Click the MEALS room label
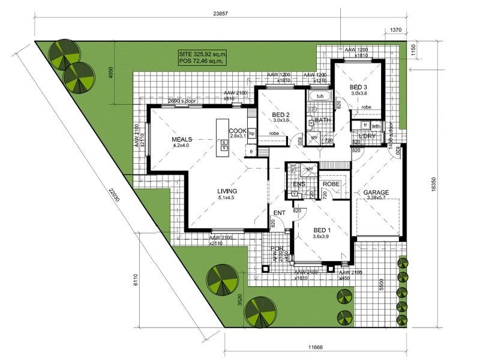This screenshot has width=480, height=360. [x=181, y=139]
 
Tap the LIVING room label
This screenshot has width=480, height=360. [x=228, y=191]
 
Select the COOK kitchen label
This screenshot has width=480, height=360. [x=238, y=130]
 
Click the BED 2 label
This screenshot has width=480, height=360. [x=281, y=114]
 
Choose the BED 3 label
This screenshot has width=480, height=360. [x=359, y=87]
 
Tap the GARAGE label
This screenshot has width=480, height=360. [x=376, y=193]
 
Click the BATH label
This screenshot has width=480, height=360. [x=323, y=120]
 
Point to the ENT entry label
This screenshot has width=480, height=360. [x=279, y=213]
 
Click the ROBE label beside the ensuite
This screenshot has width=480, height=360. [x=331, y=184]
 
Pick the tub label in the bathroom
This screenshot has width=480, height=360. [x=320, y=96]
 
